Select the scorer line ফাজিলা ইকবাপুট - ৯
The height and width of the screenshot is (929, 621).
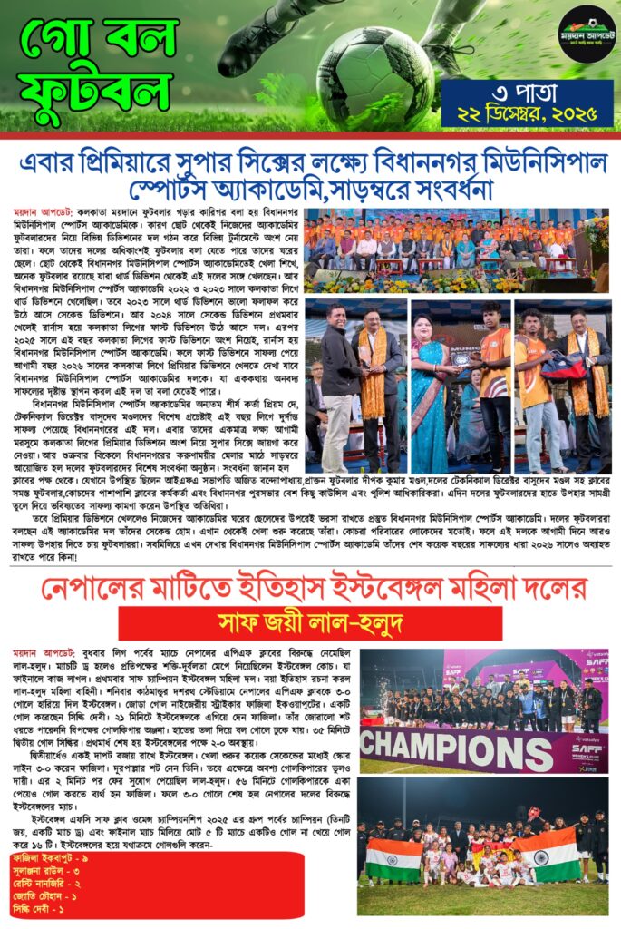click(x=51, y=857)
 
